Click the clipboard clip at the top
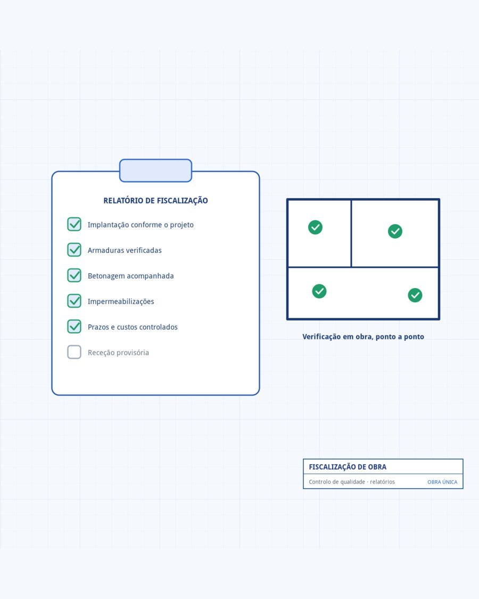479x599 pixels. (x=155, y=170)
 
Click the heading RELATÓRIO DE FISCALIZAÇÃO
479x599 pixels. (x=155, y=201)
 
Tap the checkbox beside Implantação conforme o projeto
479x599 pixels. (x=74, y=224)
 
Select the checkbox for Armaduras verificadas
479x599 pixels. (x=74, y=250)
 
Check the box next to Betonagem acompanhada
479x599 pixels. (x=74, y=275)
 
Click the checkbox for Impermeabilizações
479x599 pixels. (x=74, y=301)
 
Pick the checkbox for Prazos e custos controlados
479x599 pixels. (x=74, y=326)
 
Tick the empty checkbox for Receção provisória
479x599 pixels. (x=74, y=352)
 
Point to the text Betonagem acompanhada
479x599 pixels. (x=130, y=276)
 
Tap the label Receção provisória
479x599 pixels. (x=118, y=352)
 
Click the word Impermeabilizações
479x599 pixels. (x=121, y=301)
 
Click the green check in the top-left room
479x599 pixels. (x=315, y=227)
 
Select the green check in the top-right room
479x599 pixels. (x=395, y=231)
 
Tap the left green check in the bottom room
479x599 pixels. (x=319, y=291)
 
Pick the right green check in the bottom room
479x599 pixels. (x=415, y=295)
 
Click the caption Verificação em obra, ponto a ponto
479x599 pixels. (x=364, y=337)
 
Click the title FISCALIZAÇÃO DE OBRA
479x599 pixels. (x=348, y=467)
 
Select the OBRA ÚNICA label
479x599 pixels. (x=442, y=482)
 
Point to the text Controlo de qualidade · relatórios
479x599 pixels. (x=352, y=482)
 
